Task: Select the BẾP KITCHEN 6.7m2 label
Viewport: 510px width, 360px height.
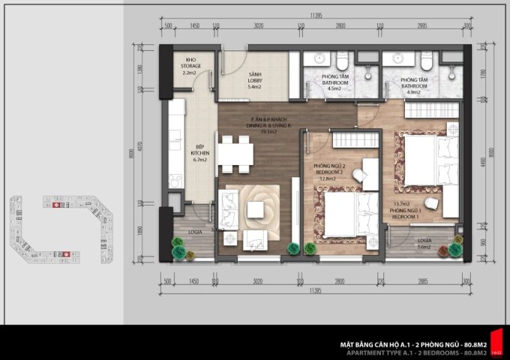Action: click(200, 154)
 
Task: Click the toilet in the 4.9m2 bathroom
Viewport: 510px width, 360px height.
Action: click(427, 60)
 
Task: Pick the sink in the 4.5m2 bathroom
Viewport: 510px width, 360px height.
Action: click(318, 59)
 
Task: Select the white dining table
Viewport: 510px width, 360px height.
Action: click(236, 153)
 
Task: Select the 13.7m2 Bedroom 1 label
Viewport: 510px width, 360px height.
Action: click(405, 208)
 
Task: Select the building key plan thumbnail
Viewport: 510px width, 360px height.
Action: click(64, 229)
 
